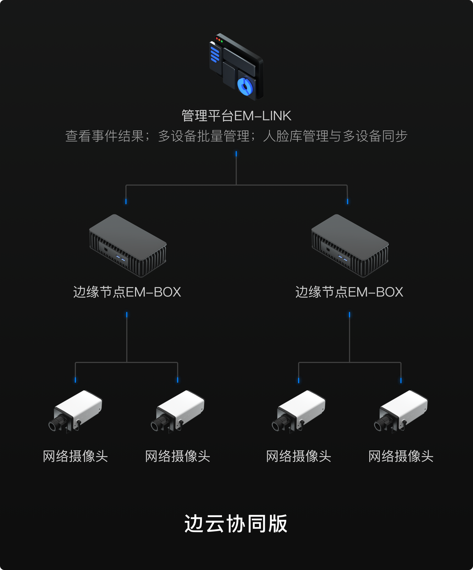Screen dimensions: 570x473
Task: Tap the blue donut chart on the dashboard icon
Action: pyautogui.click(x=245, y=86)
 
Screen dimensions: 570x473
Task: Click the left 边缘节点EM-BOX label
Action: pyautogui.click(x=127, y=292)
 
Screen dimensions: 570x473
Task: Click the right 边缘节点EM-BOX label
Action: pyautogui.click(x=349, y=292)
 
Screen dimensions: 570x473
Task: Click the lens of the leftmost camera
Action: pyautogui.click(x=53, y=426)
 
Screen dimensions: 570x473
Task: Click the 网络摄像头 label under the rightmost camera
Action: pyautogui.click(x=401, y=456)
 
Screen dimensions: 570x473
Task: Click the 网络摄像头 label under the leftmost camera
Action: pyautogui.click(x=75, y=456)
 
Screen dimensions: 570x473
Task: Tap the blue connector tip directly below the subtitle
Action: pyautogui.click(x=236, y=154)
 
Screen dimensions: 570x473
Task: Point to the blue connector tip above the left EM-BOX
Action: pyautogui.click(x=126, y=202)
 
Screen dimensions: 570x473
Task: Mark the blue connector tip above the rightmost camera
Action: pyautogui.click(x=401, y=380)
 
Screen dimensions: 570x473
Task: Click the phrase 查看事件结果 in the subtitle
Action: pyautogui.click(x=105, y=136)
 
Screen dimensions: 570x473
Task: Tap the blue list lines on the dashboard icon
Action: pyautogui.click(x=215, y=54)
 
